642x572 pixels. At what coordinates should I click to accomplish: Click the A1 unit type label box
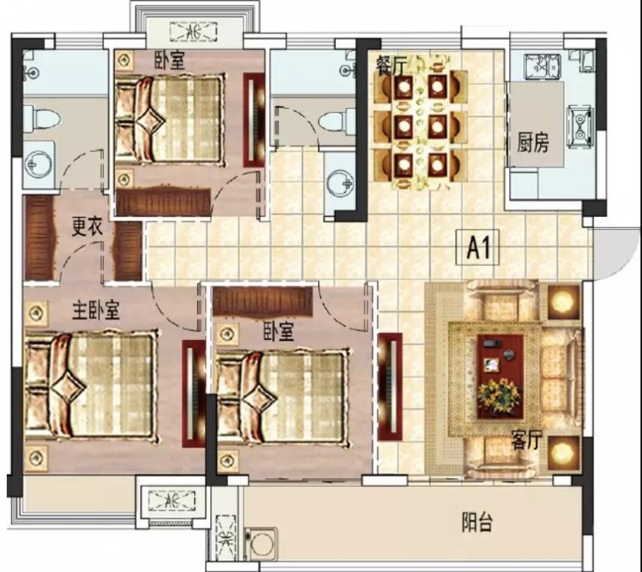click(478, 247)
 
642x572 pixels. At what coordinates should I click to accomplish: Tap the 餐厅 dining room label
click(391, 66)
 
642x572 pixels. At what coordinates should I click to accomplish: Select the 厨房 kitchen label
click(532, 143)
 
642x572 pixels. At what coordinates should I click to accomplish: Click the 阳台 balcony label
click(477, 522)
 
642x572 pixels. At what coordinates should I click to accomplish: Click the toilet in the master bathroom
click(42, 119)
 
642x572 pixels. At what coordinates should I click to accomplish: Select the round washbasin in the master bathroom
click(39, 165)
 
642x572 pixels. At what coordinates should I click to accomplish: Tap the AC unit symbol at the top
click(193, 32)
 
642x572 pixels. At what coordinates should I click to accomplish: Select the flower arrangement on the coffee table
click(499, 396)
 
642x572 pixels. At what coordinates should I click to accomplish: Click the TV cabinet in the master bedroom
click(193, 394)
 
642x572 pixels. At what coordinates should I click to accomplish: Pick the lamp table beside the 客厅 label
click(565, 453)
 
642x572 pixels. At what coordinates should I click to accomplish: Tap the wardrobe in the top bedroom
click(163, 202)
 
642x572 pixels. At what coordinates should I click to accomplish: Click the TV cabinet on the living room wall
click(390, 386)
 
